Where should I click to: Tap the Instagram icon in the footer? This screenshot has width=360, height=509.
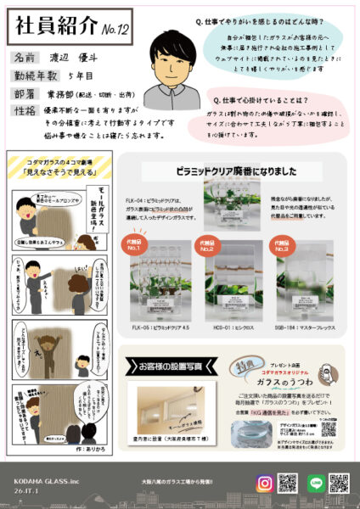tap(264, 484)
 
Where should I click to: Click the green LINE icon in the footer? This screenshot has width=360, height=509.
tap(313, 484)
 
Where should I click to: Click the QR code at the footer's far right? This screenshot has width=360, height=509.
tap(339, 484)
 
